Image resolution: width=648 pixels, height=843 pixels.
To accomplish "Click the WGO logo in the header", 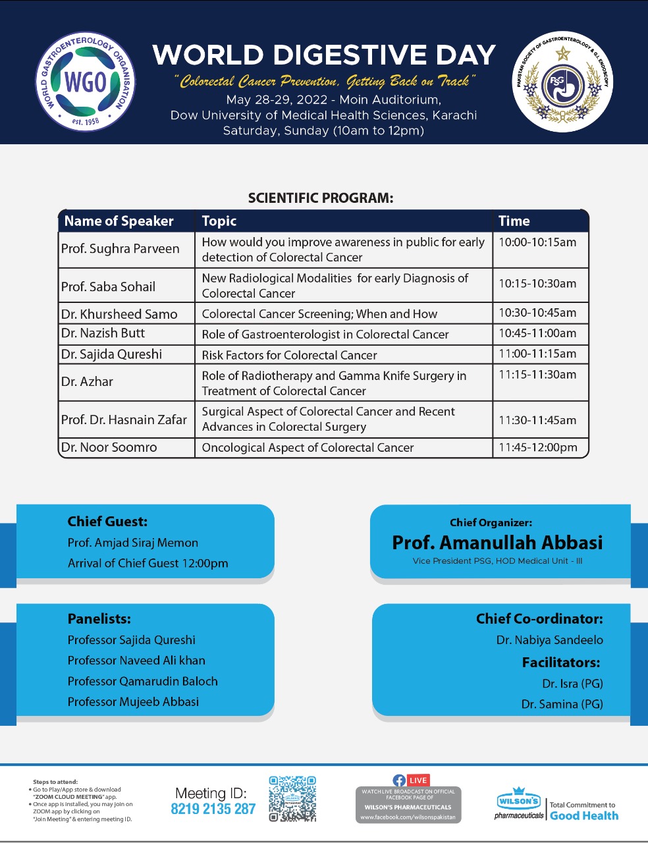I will (x=86, y=82).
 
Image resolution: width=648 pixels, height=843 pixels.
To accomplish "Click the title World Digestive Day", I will (x=324, y=55).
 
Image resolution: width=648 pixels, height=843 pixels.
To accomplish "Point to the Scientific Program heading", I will (x=321, y=198).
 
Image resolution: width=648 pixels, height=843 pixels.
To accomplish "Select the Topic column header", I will (x=219, y=221).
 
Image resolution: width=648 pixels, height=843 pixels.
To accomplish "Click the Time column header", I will (x=514, y=221).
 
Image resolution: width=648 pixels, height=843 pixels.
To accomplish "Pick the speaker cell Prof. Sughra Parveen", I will (x=121, y=249).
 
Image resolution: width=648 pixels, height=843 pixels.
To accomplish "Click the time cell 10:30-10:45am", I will (x=537, y=313).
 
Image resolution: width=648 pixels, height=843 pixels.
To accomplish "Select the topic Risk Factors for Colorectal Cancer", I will (x=289, y=355).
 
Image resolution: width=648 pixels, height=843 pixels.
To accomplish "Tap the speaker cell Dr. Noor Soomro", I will (x=109, y=447).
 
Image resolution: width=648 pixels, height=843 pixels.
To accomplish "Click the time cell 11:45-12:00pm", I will (x=538, y=447).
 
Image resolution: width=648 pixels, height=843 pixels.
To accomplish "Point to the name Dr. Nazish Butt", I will (x=103, y=333).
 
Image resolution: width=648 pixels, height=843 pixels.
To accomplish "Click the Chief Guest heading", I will (x=107, y=522).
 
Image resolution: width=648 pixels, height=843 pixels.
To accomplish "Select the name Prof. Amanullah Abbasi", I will (x=497, y=543).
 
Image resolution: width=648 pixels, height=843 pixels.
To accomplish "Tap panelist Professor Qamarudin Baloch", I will (x=142, y=681).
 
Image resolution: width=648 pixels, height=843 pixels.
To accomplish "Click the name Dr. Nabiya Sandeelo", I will (x=550, y=640).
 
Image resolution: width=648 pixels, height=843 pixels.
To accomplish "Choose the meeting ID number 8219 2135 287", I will (x=213, y=809).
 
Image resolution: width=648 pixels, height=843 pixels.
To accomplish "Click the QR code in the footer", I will (x=292, y=799).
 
